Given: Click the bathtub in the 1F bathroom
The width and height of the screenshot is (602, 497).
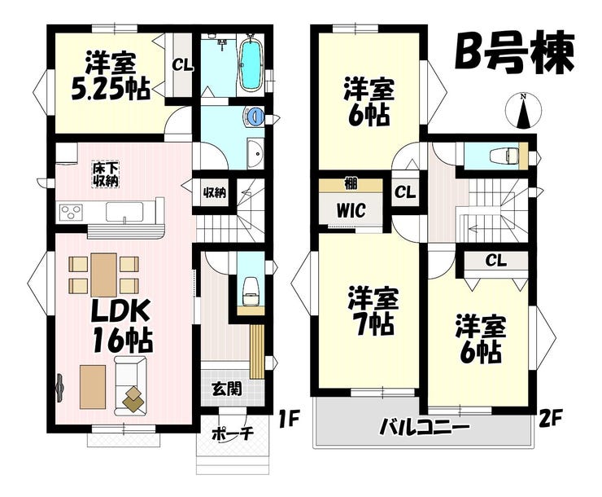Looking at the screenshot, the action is pos(251,63).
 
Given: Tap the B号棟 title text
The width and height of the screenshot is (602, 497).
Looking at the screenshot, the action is pos(514,55).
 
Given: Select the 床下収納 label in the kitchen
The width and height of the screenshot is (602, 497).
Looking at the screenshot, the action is pos(105,174).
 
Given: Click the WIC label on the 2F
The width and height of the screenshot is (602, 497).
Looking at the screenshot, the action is pos(351,210).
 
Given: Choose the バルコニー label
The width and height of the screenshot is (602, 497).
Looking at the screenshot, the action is pos(424,427).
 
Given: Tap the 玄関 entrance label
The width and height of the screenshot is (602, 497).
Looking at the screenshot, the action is pos(227,389).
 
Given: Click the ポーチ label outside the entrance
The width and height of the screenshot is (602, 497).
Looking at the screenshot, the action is pos(233,433).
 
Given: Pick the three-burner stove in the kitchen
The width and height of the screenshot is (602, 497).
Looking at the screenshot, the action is pos(71,212).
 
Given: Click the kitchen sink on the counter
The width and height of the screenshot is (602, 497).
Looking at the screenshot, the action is pos(124,212).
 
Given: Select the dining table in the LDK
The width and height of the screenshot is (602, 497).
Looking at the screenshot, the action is pos(103,275).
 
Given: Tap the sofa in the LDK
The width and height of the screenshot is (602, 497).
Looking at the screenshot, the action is pos(130,385).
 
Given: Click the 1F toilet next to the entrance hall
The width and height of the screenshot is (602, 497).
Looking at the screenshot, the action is pos(251,291).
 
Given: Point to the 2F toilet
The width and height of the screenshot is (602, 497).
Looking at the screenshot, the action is pos(504,156).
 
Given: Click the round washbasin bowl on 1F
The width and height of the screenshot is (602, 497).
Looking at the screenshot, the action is pos(254,116).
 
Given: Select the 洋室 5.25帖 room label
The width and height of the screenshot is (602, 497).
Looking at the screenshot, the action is pos(111,76).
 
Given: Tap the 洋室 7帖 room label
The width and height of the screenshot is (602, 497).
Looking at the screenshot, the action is pos(371,310).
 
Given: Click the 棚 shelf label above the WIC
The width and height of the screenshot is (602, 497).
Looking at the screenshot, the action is pos(351,184).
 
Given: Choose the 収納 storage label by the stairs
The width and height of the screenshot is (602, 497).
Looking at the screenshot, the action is pos(214,192).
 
